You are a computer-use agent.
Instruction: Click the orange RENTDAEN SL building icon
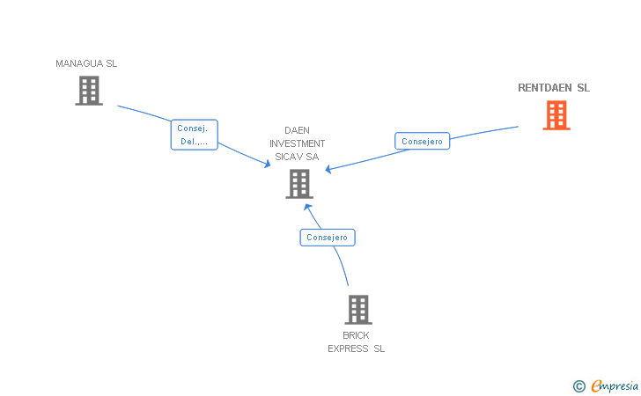click(x=556, y=115)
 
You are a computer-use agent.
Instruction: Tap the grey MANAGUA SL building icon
click(x=89, y=91)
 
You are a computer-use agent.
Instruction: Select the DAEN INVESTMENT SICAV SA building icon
click(x=299, y=184)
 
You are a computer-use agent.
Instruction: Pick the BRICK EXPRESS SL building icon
click(x=357, y=310)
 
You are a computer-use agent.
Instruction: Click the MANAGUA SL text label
click(x=86, y=63)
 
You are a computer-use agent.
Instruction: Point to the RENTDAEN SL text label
click(x=554, y=88)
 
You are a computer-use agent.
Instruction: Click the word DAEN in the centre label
click(x=297, y=130)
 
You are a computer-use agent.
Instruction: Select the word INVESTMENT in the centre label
click(x=297, y=143)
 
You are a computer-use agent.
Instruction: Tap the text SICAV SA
click(x=297, y=157)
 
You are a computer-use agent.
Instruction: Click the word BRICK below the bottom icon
click(x=356, y=335)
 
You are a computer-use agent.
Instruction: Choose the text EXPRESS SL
click(x=356, y=348)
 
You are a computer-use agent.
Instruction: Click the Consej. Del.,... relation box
click(x=194, y=135)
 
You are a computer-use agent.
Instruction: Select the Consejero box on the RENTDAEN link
click(x=422, y=141)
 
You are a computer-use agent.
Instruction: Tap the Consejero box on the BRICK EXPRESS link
click(x=328, y=237)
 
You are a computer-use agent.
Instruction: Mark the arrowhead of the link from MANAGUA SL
click(x=267, y=164)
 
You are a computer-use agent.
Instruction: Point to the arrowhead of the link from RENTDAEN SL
click(x=329, y=169)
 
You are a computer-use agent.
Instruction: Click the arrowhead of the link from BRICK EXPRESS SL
click(x=307, y=207)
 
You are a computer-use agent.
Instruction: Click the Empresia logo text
click(x=615, y=385)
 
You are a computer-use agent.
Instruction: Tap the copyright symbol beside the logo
click(x=578, y=385)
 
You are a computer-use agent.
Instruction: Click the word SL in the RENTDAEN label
click(x=583, y=88)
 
